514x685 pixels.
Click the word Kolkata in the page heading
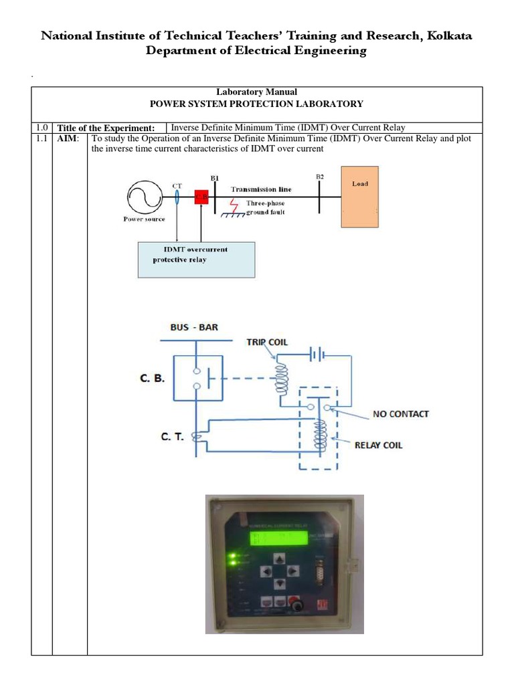coord(444,36)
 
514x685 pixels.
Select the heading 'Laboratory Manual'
coord(257,92)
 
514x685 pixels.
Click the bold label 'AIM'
coord(66,138)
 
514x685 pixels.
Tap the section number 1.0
coord(41,128)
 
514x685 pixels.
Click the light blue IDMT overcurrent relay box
coord(196,260)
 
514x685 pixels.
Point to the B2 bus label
coord(320,177)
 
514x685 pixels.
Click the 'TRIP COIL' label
coord(267,342)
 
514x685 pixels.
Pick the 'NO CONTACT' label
coord(401,414)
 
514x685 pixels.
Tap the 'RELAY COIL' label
coord(379,445)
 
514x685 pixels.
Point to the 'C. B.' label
coord(153,378)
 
